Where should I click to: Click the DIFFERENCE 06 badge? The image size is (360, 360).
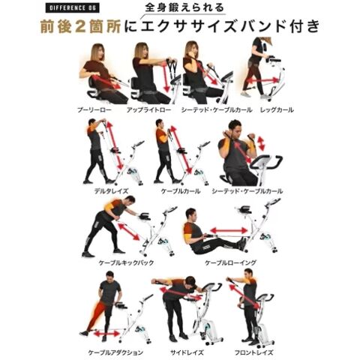click(x=72, y=8)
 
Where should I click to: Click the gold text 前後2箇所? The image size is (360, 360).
click(x=81, y=26)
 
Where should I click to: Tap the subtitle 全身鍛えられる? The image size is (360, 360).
click(x=184, y=7)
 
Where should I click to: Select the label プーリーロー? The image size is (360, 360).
click(x=94, y=109)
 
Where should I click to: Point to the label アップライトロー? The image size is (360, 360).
click(x=148, y=109)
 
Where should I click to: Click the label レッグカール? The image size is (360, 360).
click(x=277, y=109)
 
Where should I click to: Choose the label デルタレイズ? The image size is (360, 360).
click(x=111, y=191)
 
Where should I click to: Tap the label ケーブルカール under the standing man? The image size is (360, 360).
click(x=181, y=191)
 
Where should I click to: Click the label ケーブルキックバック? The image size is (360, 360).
click(x=126, y=262)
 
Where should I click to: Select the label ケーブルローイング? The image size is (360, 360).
click(x=230, y=262)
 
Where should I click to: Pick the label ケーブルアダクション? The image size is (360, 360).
click(x=115, y=352)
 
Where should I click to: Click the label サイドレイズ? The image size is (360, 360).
click(x=187, y=352)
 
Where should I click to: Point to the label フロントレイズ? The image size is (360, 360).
click(x=253, y=352)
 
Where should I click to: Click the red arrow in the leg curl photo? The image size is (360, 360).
click(x=262, y=81)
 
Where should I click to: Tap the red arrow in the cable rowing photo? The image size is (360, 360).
click(x=229, y=230)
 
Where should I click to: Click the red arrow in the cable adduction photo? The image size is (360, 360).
click(x=106, y=334)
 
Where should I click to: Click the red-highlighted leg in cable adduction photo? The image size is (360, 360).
click(x=96, y=316)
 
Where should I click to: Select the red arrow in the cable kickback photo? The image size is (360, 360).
click(x=128, y=232)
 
